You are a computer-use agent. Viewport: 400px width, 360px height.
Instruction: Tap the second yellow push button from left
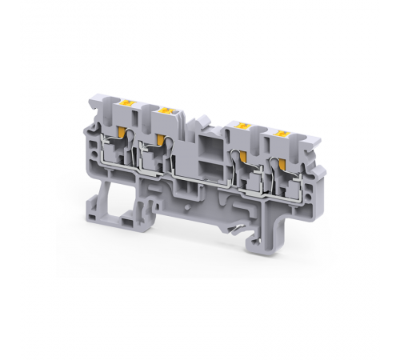point(168,110)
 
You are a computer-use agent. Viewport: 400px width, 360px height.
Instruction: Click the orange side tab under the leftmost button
point(122,134)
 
